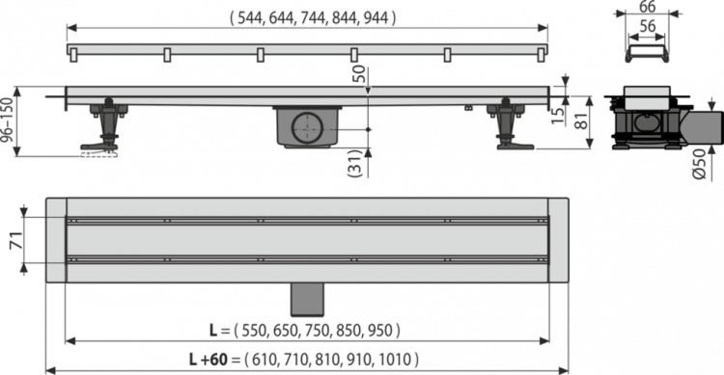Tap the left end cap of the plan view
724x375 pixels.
(x=54, y=241)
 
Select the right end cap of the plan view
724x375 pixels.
(x=558, y=241)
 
